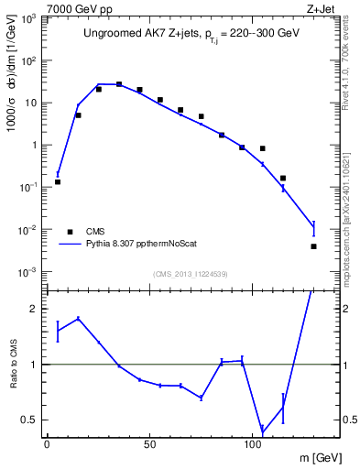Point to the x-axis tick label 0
pyautogui.click(x=47, y=443)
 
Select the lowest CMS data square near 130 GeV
pyautogui.click(x=313, y=246)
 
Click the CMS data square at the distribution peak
pyautogui.click(x=119, y=84)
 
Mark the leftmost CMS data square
pyautogui.click(x=58, y=181)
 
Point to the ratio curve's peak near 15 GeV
pyautogui.click(x=78, y=318)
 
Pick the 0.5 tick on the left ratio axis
pyautogui.click(x=31, y=420)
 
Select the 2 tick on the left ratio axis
pyautogui.click(x=35, y=309)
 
